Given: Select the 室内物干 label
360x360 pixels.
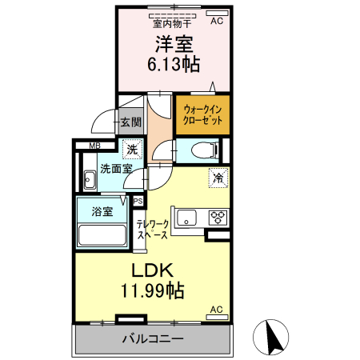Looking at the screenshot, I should coord(173,22).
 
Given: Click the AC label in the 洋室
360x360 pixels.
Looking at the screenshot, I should coord(217,22).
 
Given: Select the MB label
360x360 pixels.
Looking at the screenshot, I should coord(94,146).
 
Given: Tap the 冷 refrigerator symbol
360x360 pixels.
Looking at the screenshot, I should coord(218,178).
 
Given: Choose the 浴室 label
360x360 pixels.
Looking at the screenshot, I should coord(102,212).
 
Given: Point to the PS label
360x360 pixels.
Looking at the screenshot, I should coord(138,202).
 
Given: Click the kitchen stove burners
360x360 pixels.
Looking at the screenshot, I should coord(218,217).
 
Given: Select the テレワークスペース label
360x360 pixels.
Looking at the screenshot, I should coord(151,230).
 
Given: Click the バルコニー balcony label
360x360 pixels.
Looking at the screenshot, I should coord(152,338).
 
